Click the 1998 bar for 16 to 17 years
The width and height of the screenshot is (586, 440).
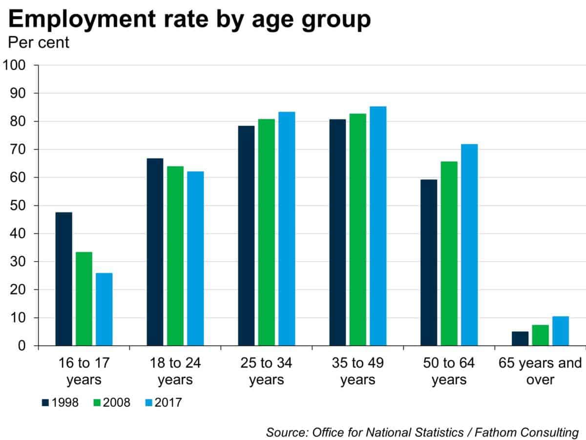(x=63, y=279)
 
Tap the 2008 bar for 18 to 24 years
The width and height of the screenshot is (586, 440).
(x=175, y=256)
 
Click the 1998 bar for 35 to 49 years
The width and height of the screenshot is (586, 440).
(x=337, y=233)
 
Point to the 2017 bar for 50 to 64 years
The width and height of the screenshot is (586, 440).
(x=469, y=245)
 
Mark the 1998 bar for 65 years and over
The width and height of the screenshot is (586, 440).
(x=520, y=339)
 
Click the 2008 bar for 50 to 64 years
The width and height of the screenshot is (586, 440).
(x=449, y=254)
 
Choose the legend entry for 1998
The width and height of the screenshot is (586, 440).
(x=61, y=403)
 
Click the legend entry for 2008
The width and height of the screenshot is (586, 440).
(x=112, y=403)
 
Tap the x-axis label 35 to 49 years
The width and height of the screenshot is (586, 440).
(x=358, y=371)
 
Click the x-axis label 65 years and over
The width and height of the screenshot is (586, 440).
(x=540, y=371)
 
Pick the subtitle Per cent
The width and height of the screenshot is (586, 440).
(x=39, y=43)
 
